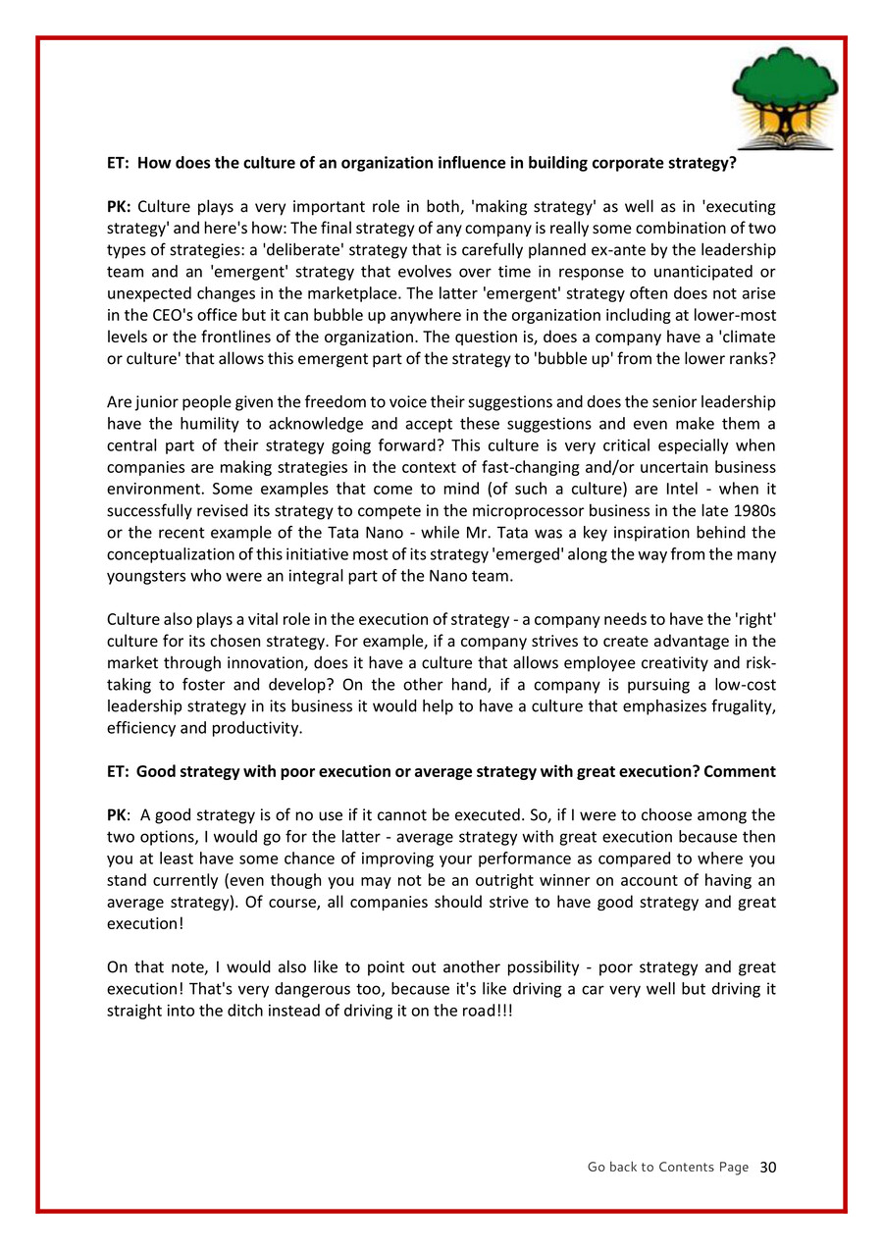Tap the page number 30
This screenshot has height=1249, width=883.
(x=768, y=1167)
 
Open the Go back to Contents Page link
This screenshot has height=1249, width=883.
(x=667, y=1167)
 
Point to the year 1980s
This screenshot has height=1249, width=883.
(x=753, y=510)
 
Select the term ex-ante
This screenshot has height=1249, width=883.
(x=569, y=249)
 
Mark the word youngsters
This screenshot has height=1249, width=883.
(x=147, y=576)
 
